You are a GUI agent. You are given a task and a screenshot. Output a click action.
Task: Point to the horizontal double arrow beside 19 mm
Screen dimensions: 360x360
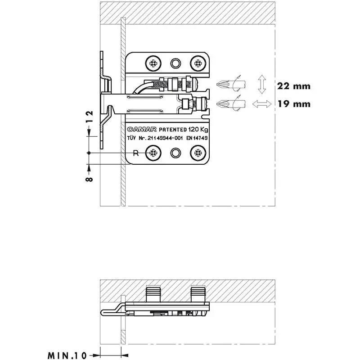point(261,104)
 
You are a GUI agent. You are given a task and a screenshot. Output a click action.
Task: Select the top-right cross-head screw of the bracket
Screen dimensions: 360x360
point(197,62)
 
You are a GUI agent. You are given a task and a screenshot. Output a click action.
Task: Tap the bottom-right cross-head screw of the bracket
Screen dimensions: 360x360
point(197,153)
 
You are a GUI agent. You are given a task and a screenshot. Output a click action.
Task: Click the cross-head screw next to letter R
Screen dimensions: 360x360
point(153,153)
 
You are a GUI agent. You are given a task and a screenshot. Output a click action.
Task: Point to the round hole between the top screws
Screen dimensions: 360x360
point(175,62)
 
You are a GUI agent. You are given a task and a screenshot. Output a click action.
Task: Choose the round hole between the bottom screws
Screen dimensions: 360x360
point(175,153)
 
